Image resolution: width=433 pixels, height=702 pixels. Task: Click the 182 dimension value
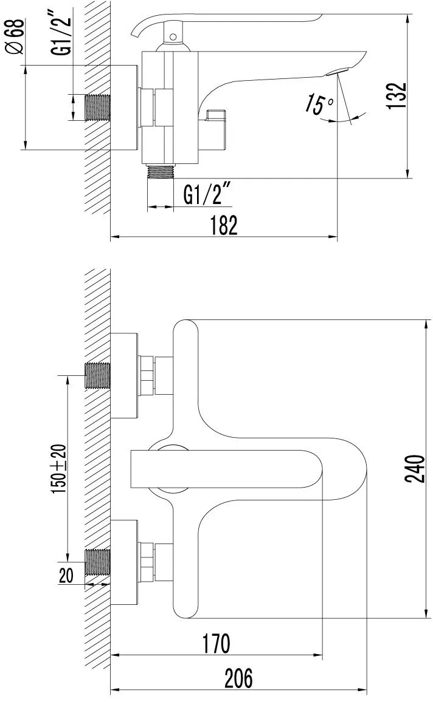223,225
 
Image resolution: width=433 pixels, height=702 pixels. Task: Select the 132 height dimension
397,95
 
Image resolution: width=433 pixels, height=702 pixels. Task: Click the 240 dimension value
415,468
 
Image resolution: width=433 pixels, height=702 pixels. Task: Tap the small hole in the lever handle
173,36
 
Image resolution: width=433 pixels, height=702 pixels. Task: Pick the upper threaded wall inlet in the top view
98,375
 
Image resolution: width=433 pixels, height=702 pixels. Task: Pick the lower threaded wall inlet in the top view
98,561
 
